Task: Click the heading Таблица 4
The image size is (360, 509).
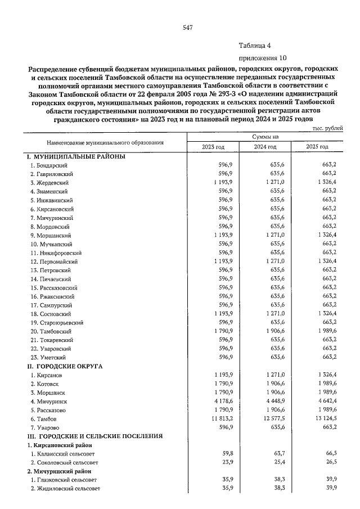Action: [x=254, y=46]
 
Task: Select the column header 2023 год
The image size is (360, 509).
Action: [x=213, y=147]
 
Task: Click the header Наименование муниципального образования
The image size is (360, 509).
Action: [x=105, y=142]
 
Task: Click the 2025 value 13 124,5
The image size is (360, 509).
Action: [x=325, y=418]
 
